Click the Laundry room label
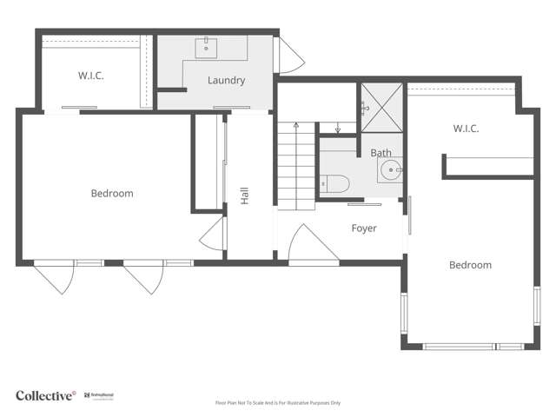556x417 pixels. (x=226, y=81)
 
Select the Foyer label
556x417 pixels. (x=363, y=228)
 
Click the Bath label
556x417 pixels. (x=381, y=153)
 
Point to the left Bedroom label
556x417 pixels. (x=112, y=193)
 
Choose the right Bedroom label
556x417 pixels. (x=470, y=265)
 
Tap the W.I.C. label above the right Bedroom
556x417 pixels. (x=466, y=129)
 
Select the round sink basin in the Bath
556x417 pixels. (x=392, y=169)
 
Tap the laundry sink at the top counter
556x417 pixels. (x=208, y=47)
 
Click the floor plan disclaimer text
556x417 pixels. (x=278, y=403)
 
